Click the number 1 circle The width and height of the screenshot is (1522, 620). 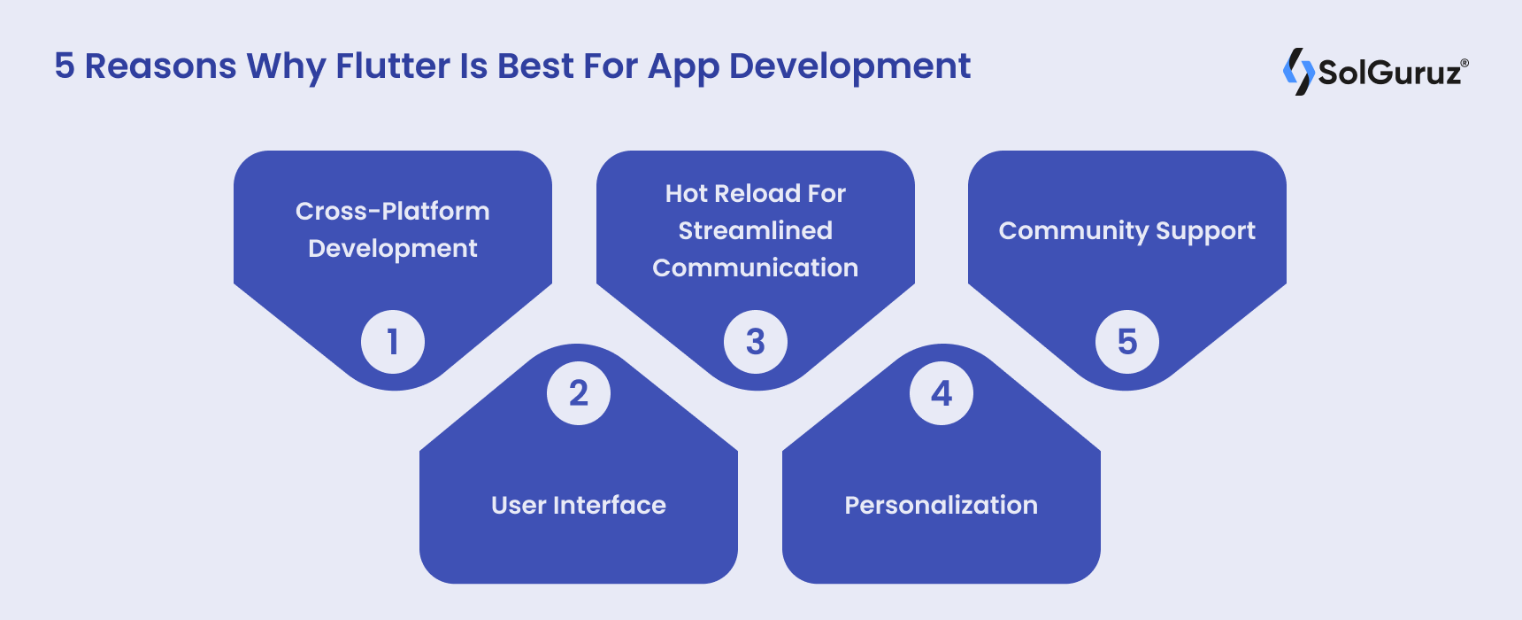pyautogui.click(x=393, y=342)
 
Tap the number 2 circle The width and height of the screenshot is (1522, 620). pyautogui.click(x=579, y=393)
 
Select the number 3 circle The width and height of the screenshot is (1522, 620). pyautogui.click(x=756, y=342)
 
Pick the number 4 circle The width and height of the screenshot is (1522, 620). pyautogui.click(x=942, y=393)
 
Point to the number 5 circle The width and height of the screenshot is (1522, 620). pyautogui.click(x=1127, y=342)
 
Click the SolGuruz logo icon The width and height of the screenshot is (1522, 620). pyautogui.click(x=1298, y=71)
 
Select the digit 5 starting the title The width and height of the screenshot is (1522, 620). pyautogui.click(x=64, y=66)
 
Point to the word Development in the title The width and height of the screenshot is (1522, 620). pyautogui.click(x=849, y=67)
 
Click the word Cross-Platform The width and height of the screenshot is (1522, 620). pyautogui.click(x=393, y=211)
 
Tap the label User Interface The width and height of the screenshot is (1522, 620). pyautogui.click(x=579, y=505)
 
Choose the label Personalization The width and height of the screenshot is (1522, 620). pyautogui.click(x=942, y=505)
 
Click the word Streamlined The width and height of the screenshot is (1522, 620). pyautogui.click(x=756, y=230)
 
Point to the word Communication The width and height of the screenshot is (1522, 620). pyautogui.click(x=756, y=267)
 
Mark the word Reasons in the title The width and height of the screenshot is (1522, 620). pyautogui.click(x=160, y=66)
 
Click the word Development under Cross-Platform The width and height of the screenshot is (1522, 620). pyautogui.click(x=393, y=249)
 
